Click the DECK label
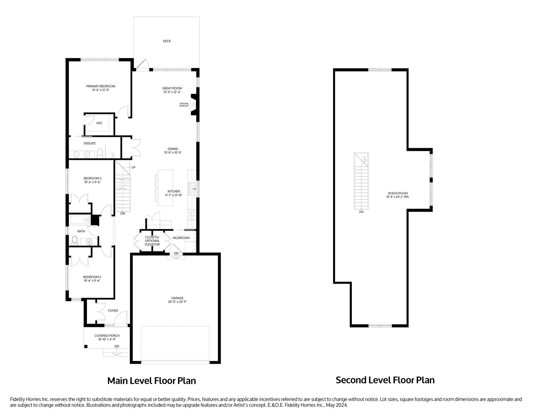pos(167,41)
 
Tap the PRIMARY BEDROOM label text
pos(101,86)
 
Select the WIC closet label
pos(99,123)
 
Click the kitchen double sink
pos(192,189)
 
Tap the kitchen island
pos(165,188)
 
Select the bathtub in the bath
pos(80,220)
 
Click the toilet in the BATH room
pos(75,240)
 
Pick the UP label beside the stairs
pos(133,167)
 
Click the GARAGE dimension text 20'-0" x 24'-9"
pos(177,302)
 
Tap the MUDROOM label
pos(181,238)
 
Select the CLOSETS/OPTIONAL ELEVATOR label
pos(152,241)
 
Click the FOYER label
pos(113,311)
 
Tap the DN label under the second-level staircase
pos(361,212)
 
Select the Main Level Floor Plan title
pos(152,381)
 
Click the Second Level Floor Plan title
pos(385,380)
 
